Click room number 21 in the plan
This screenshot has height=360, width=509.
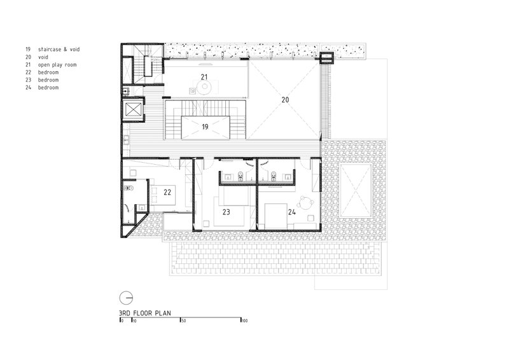tap(204, 77)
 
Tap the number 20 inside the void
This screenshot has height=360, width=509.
tap(285, 100)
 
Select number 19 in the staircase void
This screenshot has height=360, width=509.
tap(205, 127)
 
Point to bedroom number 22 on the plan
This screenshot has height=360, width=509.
tap(167, 192)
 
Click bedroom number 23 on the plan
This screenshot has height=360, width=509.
tap(227, 212)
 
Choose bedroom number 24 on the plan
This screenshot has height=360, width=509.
tap(292, 212)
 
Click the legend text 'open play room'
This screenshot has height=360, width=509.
tap(57, 65)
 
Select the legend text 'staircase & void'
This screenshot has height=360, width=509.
tap(59, 50)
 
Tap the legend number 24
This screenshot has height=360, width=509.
tap(28, 87)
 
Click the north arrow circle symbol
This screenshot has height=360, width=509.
tap(126, 298)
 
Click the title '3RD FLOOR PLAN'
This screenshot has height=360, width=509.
tap(145, 314)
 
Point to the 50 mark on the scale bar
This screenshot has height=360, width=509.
tap(183, 321)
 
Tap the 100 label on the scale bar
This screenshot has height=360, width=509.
tap(244, 321)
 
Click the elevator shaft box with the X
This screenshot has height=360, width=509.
tap(134, 109)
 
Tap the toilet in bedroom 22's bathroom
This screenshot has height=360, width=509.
tap(129, 188)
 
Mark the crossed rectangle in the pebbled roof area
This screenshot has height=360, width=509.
tap(356, 191)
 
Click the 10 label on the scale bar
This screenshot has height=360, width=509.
tap(134, 321)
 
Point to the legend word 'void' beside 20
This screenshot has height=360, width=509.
tap(43, 57)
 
